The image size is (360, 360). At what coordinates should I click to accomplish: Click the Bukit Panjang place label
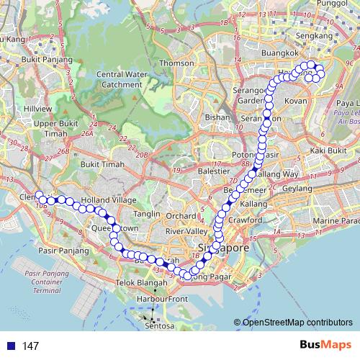tap(47, 60)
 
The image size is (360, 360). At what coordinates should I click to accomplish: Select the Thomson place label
tap(177, 63)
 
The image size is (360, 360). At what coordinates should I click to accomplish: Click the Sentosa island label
tap(160, 325)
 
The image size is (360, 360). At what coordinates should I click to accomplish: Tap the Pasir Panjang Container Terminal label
tap(51, 282)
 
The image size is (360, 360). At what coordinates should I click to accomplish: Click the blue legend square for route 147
tap(9, 346)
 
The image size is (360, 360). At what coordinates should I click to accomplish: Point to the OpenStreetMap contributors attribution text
tap(298, 322)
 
